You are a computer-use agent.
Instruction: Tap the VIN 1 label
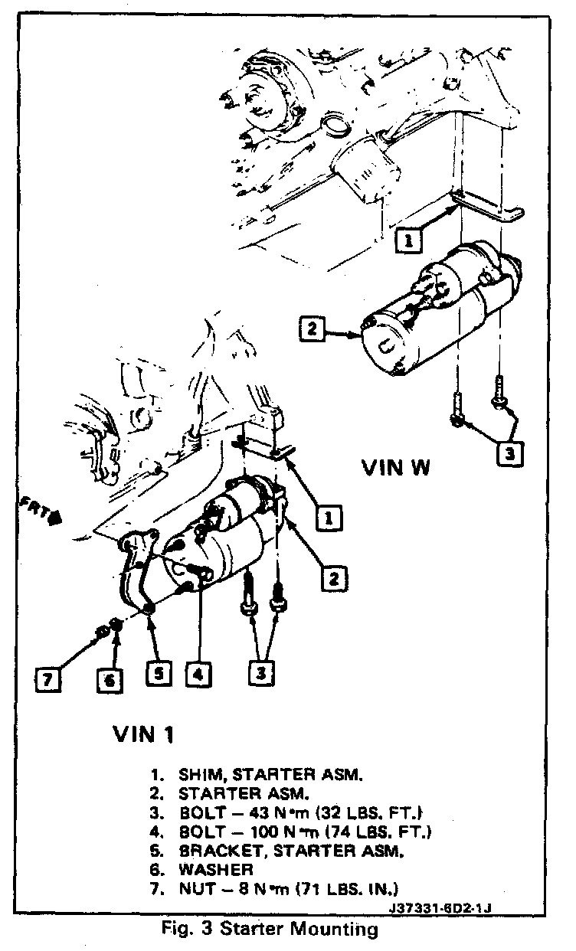click(143, 735)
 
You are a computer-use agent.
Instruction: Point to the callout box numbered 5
click(157, 674)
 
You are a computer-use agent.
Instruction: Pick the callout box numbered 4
click(198, 674)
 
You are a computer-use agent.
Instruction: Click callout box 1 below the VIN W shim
click(409, 240)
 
